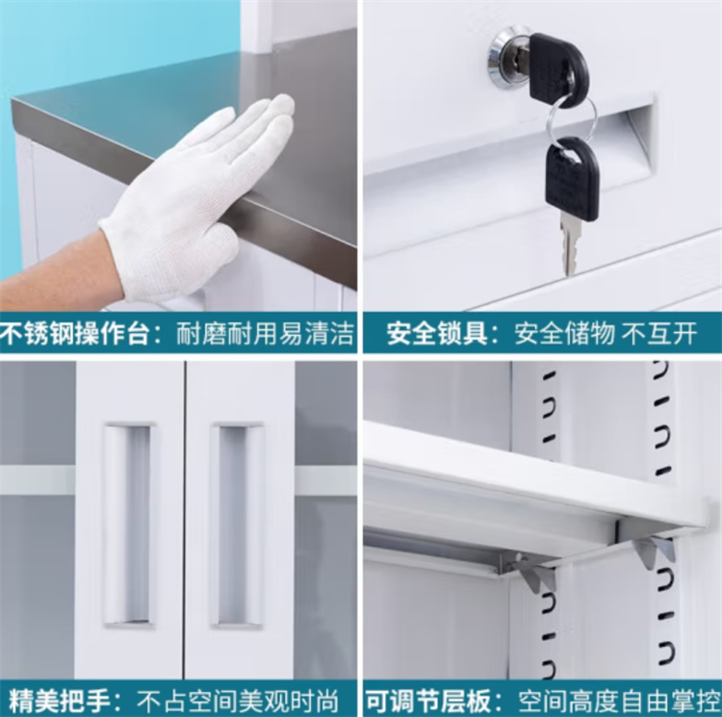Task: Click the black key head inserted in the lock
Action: click(x=558, y=68)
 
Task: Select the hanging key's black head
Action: click(x=573, y=178)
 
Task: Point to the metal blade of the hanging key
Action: click(x=570, y=247)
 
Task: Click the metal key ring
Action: click(x=571, y=119)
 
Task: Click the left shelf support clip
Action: click(x=536, y=572)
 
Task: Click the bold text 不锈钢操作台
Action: click(x=75, y=333)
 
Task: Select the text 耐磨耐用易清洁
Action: click(x=265, y=333)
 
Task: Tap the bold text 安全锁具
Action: click(x=436, y=333)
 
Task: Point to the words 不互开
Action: click(x=658, y=333)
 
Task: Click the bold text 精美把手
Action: click(x=60, y=700)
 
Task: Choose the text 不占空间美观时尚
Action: click(x=238, y=700)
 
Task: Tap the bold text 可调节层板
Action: click(x=428, y=701)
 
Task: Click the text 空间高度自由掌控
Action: click(x=619, y=701)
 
